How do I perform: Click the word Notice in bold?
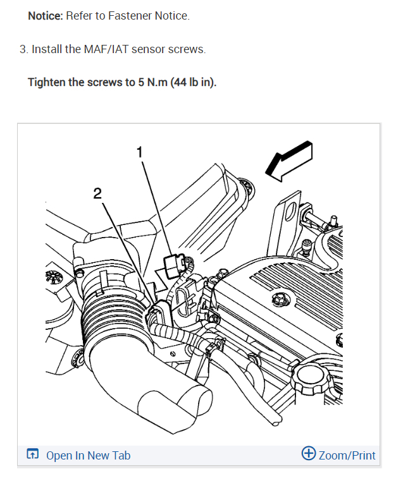coord(44,16)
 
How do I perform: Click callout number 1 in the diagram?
coord(140,152)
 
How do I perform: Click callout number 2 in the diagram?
coord(97,193)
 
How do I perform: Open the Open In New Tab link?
coord(88,455)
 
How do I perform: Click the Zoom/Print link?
coord(347,455)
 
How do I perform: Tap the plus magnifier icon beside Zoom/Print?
coord(309,454)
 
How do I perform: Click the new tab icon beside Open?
coord(33,454)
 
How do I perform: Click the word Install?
coord(47,49)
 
